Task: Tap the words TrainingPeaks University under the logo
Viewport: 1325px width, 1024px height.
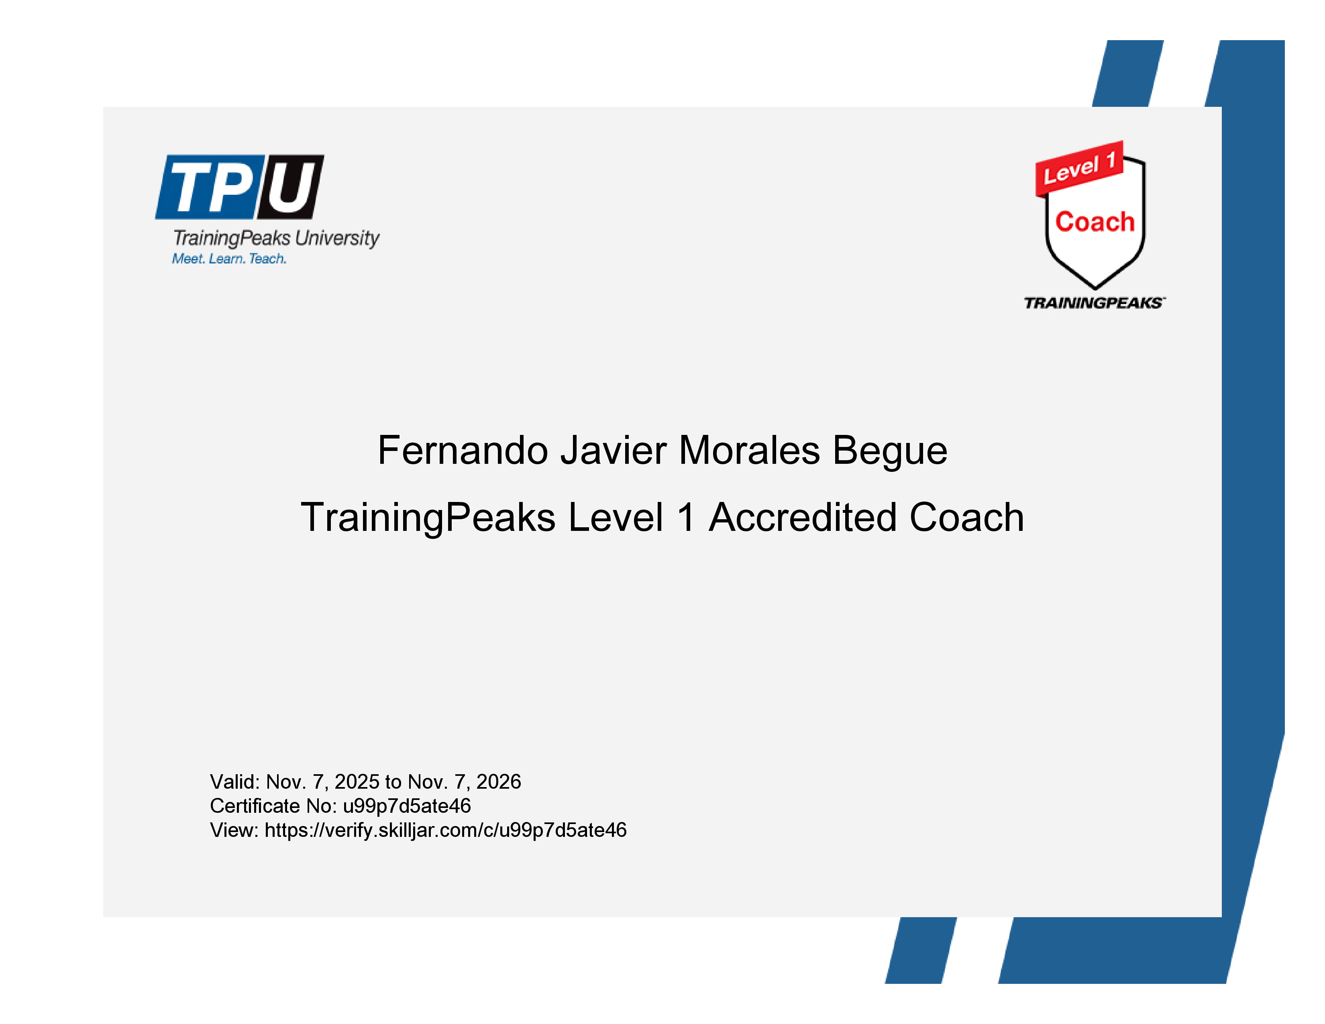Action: tap(276, 238)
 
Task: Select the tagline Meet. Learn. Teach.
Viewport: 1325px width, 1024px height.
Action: tap(229, 259)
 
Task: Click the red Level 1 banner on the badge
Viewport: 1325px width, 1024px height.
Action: tap(1079, 169)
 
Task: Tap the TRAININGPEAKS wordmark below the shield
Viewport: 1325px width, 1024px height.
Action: tap(1094, 303)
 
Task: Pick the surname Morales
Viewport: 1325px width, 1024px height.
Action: tap(749, 450)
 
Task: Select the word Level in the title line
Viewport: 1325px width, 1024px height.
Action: tap(616, 518)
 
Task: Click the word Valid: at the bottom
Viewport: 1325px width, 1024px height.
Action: tap(235, 781)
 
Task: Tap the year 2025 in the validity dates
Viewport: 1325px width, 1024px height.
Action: tap(357, 781)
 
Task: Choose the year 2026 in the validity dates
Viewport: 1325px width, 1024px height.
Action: tap(499, 781)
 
